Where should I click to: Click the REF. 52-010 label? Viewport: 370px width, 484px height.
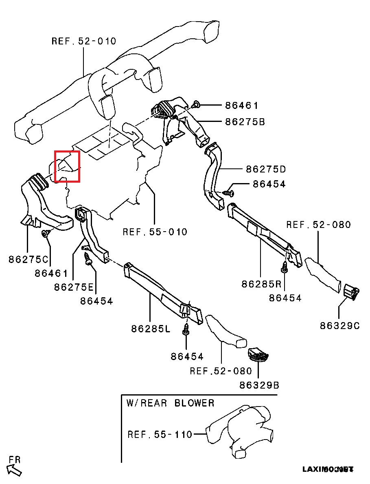click(x=84, y=41)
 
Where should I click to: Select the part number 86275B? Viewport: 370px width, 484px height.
click(x=245, y=122)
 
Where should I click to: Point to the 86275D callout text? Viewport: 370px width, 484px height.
click(x=266, y=169)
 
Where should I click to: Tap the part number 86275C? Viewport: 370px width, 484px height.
click(x=28, y=259)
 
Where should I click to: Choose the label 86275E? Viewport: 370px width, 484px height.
click(x=74, y=287)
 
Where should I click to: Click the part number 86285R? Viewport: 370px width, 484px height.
click(x=262, y=284)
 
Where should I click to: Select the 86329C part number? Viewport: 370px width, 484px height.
click(x=340, y=325)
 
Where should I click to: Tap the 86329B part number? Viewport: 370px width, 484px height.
click(x=259, y=385)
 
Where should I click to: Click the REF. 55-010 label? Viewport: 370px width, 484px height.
click(x=155, y=232)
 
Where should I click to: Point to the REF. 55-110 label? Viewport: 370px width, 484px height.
click(x=160, y=434)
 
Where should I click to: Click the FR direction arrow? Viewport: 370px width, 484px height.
click(x=15, y=470)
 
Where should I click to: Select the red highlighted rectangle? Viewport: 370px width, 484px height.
click(x=67, y=166)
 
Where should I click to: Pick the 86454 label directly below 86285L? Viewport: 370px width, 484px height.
click(x=187, y=356)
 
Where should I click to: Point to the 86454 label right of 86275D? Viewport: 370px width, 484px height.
click(x=269, y=184)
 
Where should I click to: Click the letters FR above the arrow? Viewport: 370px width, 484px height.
click(x=15, y=460)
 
